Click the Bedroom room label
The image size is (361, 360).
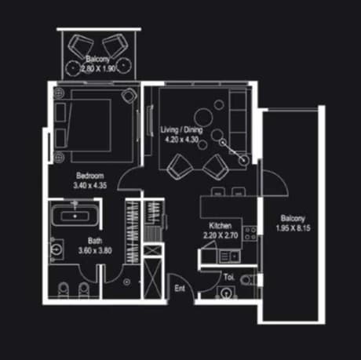(x=90, y=176)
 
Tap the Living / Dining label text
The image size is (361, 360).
(x=181, y=129)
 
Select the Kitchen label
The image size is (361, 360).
(x=221, y=225)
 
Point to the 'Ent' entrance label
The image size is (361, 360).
(x=180, y=288)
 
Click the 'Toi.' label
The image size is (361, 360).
(x=229, y=277)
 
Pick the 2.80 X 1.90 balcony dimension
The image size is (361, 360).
(x=99, y=69)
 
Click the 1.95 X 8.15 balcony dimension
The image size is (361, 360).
(x=294, y=228)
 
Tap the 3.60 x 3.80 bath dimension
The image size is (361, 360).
(x=95, y=250)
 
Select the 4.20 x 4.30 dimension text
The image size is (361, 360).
(x=181, y=140)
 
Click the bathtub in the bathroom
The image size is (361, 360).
(x=75, y=215)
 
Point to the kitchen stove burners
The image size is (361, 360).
(x=250, y=234)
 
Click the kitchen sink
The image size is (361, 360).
(x=230, y=256)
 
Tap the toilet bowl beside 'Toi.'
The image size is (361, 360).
(x=248, y=280)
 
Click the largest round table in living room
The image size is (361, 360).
(x=203, y=117)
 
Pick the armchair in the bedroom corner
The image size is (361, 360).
(x=129, y=96)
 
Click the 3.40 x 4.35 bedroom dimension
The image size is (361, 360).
(x=90, y=185)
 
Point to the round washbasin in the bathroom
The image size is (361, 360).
(x=57, y=250)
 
